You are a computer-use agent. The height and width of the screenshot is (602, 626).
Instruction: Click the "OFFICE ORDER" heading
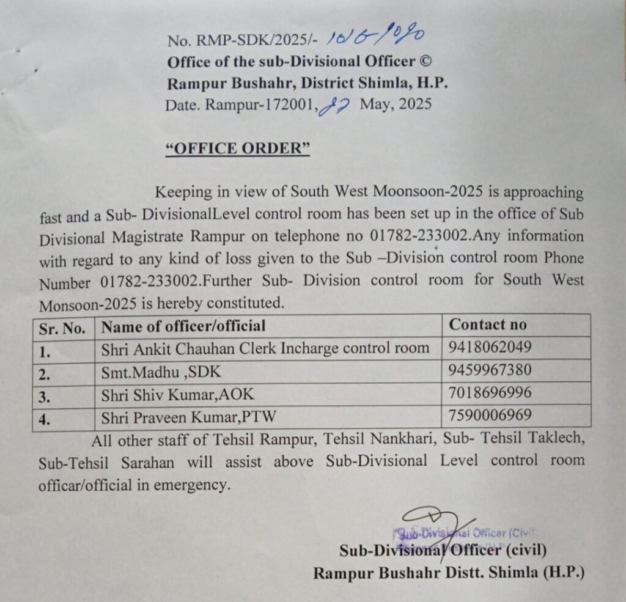click(x=238, y=149)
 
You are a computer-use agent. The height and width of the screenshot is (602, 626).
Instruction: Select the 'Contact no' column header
click(x=487, y=325)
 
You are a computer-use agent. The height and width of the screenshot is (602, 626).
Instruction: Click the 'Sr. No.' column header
click(x=62, y=328)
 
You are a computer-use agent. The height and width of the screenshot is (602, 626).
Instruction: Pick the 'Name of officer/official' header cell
click(x=183, y=326)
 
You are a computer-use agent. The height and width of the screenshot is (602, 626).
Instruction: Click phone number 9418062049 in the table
click(x=490, y=347)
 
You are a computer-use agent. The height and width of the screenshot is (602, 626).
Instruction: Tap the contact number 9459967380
click(x=490, y=370)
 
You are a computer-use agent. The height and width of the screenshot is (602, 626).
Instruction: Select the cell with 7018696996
click(x=490, y=392)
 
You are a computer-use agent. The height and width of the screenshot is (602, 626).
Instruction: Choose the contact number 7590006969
click(x=490, y=415)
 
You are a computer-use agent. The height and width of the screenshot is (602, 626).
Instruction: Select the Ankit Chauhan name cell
click(x=265, y=348)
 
